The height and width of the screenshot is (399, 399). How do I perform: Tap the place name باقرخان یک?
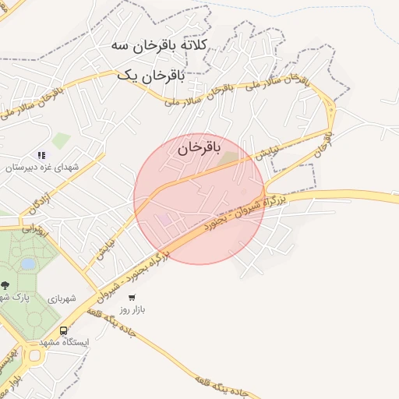coord(150,76)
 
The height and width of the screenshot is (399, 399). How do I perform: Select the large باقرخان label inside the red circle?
coord(199,147)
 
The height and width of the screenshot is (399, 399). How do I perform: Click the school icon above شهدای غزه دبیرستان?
coord(41,156)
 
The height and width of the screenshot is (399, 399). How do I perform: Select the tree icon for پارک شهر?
coord(5,284)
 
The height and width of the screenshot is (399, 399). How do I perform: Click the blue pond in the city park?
coord(28,264)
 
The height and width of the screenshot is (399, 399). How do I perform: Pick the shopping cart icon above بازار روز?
coord(132,297)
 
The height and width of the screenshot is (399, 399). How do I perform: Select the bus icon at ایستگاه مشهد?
coord(64,330)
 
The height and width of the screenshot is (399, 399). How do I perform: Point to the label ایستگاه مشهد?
coord(65,342)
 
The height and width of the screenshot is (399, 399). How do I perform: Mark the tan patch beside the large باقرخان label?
coord(228,159)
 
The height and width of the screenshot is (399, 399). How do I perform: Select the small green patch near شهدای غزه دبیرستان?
coord(61,141)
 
